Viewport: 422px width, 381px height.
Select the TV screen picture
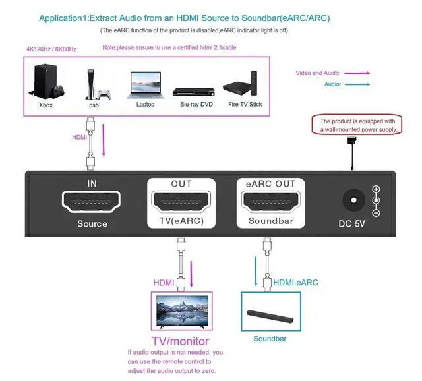[x=181, y=310]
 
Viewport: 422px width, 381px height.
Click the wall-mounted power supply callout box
[x=357, y=125]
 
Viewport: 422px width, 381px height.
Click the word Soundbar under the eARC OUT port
[x=270, y=221]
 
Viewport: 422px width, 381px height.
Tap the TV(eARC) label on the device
[x=181, y=222]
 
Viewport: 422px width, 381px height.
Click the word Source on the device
[x=92, y=224]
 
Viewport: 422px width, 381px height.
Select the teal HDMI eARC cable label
[x=296, y=283]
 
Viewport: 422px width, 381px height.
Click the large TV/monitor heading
[x=181, y=341]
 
